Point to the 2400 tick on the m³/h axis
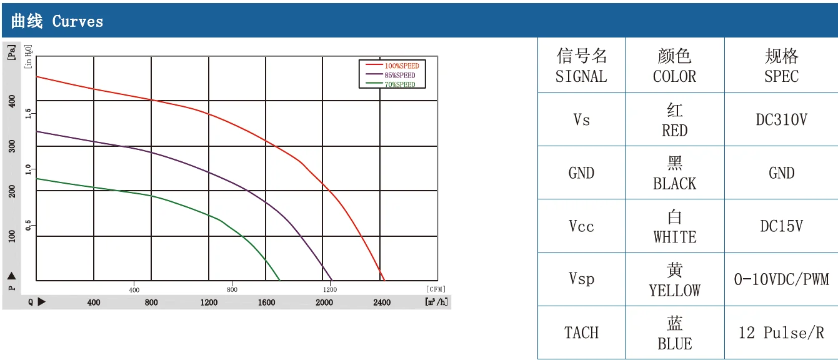[x=382, y=302]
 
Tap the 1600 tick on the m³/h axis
[x=266, y=302]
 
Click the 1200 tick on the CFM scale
[x=330, y=289]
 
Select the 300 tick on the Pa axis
[x=12, y=146]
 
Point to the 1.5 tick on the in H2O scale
[x=28, y=113]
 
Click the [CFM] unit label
[x=436, y=289]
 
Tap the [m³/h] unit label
[x=436, y=302]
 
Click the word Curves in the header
[x=77, y=21]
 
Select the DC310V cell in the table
[x=782, y=120]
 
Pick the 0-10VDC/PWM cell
[x=782, y=279]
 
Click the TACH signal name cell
[x=581, y=332]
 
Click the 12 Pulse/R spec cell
[x=782, y=332]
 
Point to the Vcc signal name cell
[x=581, y=226]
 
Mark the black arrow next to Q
[x=41, y=302]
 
